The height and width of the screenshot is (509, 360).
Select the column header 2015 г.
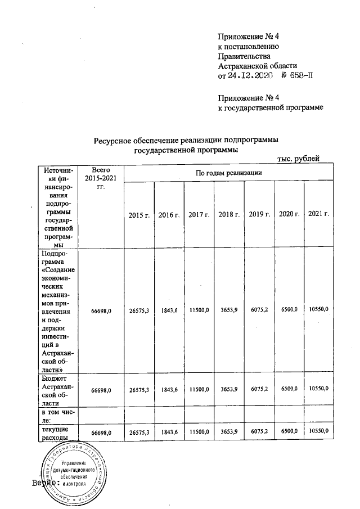tap(139, 215)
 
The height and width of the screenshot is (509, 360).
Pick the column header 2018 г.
tap(229, 215)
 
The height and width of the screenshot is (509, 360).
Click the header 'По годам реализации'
tap(229, 173)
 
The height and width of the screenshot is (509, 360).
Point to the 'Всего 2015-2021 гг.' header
tap(100, 178)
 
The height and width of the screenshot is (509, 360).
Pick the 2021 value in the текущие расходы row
tap(319, 431)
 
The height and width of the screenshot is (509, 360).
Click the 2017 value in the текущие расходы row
tap(199, 431)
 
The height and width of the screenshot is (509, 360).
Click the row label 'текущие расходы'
tap(56, 434)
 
